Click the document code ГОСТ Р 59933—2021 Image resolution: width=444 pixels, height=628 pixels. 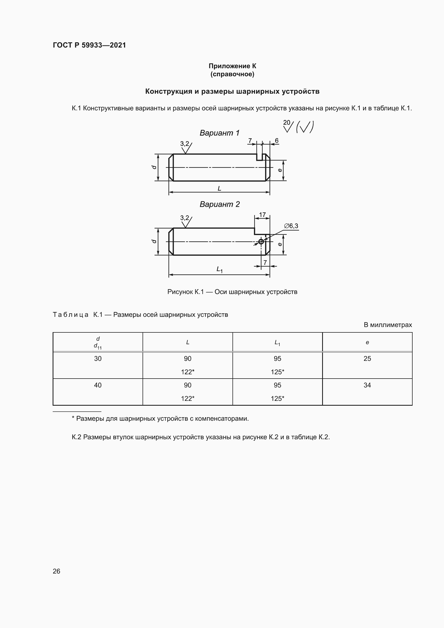pos(89,45)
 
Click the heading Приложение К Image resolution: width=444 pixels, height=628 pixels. pos(232,66)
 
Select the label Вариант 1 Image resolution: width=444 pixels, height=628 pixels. pos(219,133)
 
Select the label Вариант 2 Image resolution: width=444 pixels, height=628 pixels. pos(219,204)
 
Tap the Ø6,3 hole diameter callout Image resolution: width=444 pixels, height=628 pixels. pos(291,226)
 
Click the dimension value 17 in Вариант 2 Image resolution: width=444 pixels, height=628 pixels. pos(262,215)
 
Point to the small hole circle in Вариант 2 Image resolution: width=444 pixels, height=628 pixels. pos(261,242)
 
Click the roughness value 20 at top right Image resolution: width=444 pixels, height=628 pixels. pos(286,122)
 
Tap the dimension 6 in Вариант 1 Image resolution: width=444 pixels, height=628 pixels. pos(276,141)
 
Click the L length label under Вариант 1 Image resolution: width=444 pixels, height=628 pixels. pos(219,188)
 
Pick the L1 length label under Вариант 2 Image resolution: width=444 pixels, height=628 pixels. pos(219,269)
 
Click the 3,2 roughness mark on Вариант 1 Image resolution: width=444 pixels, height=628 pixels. pos(184,144)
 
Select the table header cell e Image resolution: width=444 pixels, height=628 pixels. pos(367,342)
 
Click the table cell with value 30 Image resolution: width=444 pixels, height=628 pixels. pos(98,359)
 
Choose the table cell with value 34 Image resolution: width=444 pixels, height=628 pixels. pos(367,385)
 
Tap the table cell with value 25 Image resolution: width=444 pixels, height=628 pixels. pos(367,359)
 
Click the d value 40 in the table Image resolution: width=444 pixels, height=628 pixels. pos(98,385)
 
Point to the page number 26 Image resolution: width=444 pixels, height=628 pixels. pos(56,571)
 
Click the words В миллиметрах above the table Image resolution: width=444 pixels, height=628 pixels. pos(387,325)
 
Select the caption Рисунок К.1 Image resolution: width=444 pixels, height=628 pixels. pos(232,292)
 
